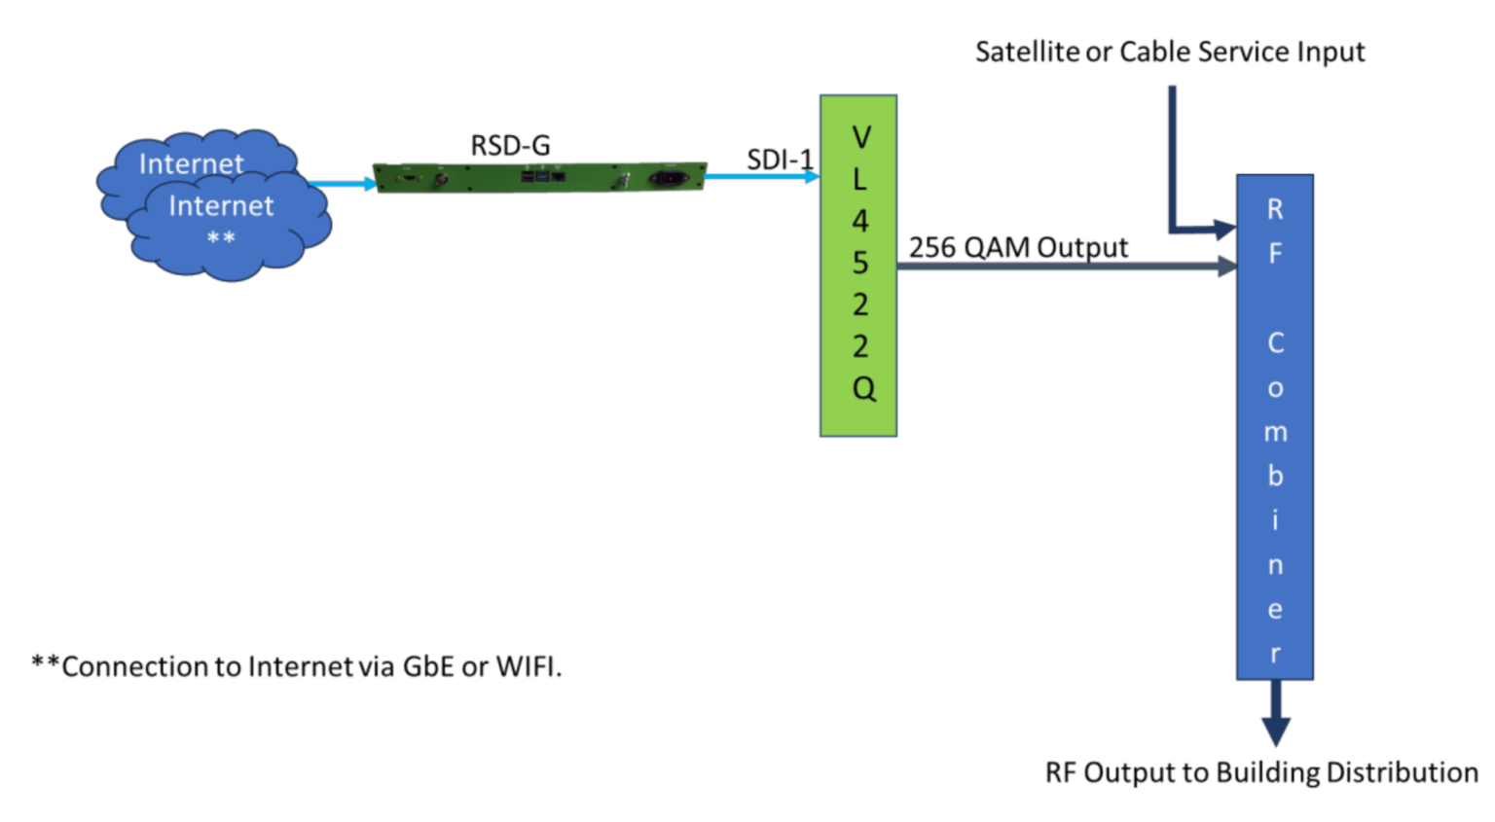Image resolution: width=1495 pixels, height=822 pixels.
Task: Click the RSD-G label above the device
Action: click(x=510, y=146)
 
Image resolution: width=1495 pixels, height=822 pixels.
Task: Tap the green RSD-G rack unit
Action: click(x=540, y=178)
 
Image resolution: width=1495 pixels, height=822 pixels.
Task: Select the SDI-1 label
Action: click(x=780, y=160)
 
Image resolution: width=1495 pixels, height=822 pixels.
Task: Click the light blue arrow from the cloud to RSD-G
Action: click(x=342, y=183)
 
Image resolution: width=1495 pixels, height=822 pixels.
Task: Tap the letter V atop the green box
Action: click(x=860, y=137)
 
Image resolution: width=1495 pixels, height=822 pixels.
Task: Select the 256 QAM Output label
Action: click(x=1018, y=247)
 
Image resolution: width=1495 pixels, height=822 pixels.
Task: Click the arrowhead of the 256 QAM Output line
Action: click(x=1227, y=266)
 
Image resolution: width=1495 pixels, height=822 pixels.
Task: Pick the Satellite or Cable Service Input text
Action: click(x=1170, y=52)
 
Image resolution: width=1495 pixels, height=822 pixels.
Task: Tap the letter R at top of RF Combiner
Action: click(x=1275, y=209)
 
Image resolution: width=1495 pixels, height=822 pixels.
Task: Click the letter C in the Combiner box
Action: click(x=1275, y=343)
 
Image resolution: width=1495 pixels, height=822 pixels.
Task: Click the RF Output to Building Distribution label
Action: click(x=1260, y=772)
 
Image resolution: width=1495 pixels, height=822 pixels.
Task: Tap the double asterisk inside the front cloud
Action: click(x=221, y=238)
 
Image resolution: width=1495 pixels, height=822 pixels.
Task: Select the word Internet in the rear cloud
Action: click(x=191, y=163)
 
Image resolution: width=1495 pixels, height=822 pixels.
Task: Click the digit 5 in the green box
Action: click(x=860, y=263)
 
